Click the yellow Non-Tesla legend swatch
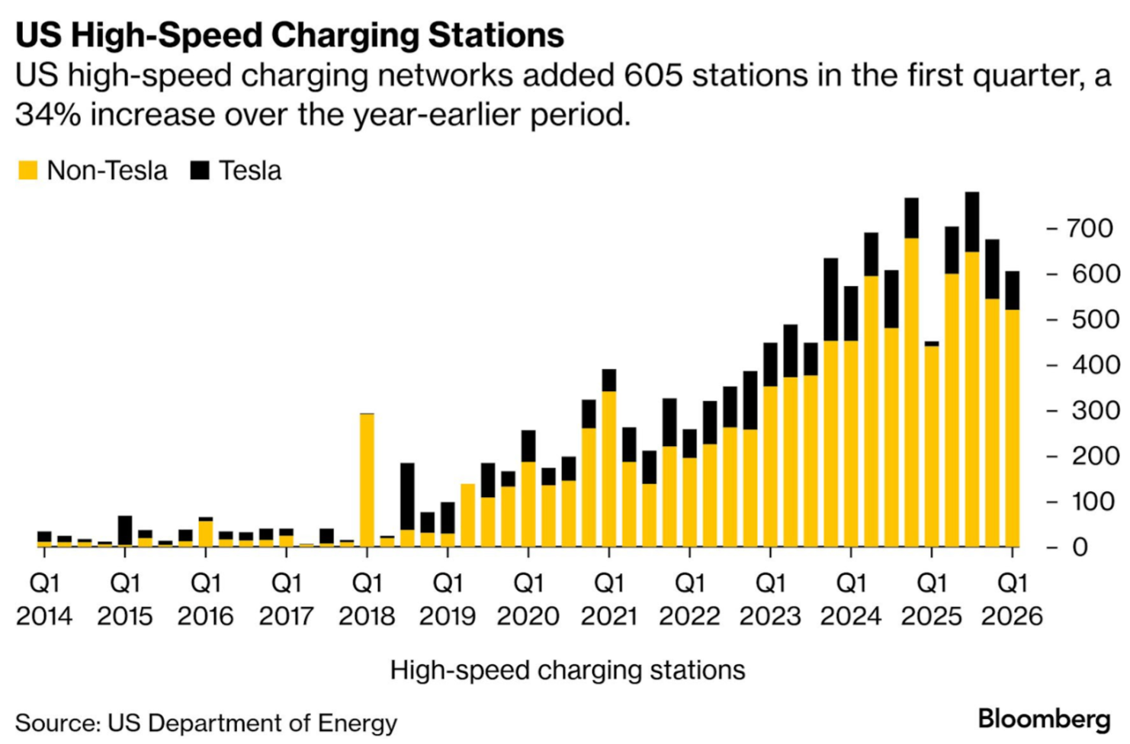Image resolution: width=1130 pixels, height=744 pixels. [x=27, y=170]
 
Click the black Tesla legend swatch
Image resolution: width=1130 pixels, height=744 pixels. [x=200, y=170]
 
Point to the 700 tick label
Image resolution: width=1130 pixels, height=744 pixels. [x=1090, y=228]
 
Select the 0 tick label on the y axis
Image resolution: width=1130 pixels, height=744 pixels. [x=1080, y=547]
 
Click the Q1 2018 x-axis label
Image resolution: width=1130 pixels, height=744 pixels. [x=367, y=599]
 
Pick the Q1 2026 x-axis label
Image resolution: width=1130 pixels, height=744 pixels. [x=1012, y=599]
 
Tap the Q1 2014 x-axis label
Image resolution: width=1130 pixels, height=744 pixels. [x=44, y=599]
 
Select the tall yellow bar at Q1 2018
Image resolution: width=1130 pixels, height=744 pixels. [x=367, y=480]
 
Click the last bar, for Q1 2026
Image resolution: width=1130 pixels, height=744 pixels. [x=1012, y=412]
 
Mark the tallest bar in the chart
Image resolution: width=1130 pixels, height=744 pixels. [x=971, y=374]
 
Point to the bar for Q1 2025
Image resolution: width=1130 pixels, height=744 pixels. [x=931, y=446]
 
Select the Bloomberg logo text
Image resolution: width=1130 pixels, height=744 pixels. [x=1043, y=719]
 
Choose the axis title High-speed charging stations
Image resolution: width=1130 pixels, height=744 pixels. [x=567, y=670]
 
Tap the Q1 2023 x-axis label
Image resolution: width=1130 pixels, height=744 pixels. [x=770, y=599]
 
